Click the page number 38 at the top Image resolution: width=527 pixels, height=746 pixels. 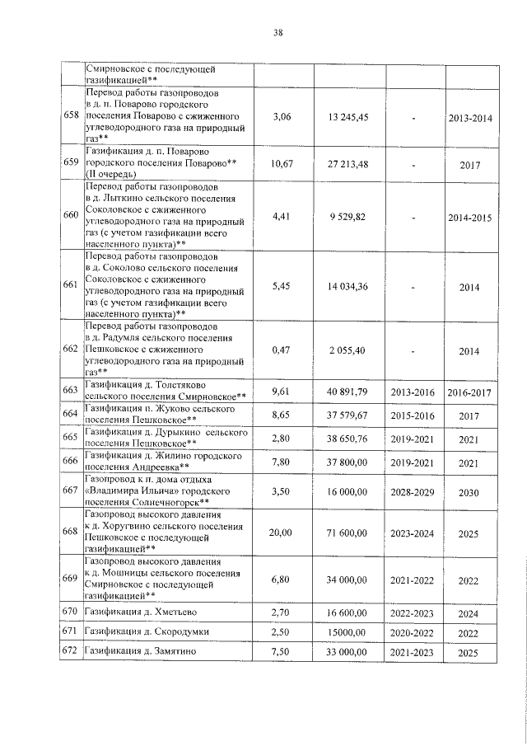pyautogui.click(x=277, y=33)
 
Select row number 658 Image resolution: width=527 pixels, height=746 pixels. pyautogui.click(x=72, y=118)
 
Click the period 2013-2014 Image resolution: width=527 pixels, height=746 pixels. pyautogui.click(x=469, y=118)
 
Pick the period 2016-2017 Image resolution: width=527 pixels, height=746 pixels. pyautogui.click(x=469, y=392)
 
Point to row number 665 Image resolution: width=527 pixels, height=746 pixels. pyautogui.click(x=72, y=438)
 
